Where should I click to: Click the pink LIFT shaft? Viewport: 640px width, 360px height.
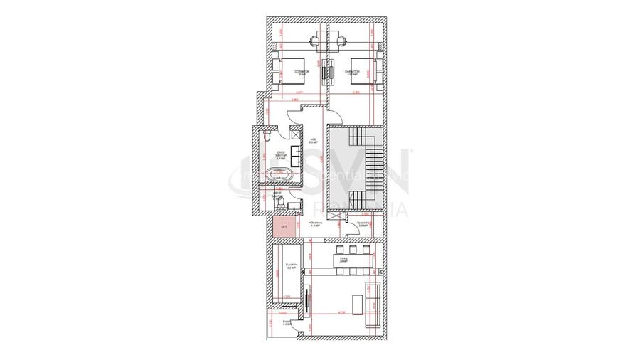[283, 228]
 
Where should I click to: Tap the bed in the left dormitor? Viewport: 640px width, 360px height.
[289, 71]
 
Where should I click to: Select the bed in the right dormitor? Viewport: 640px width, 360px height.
[366, 71]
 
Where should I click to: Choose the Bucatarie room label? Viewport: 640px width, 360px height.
[290, 268]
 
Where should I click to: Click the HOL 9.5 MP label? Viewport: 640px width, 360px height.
[313, 140]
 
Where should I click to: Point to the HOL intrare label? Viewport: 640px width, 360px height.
[316, 223]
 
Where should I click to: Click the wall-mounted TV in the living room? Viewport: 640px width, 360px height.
[308, 300]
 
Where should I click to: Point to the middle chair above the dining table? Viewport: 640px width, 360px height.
[353, 250]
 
